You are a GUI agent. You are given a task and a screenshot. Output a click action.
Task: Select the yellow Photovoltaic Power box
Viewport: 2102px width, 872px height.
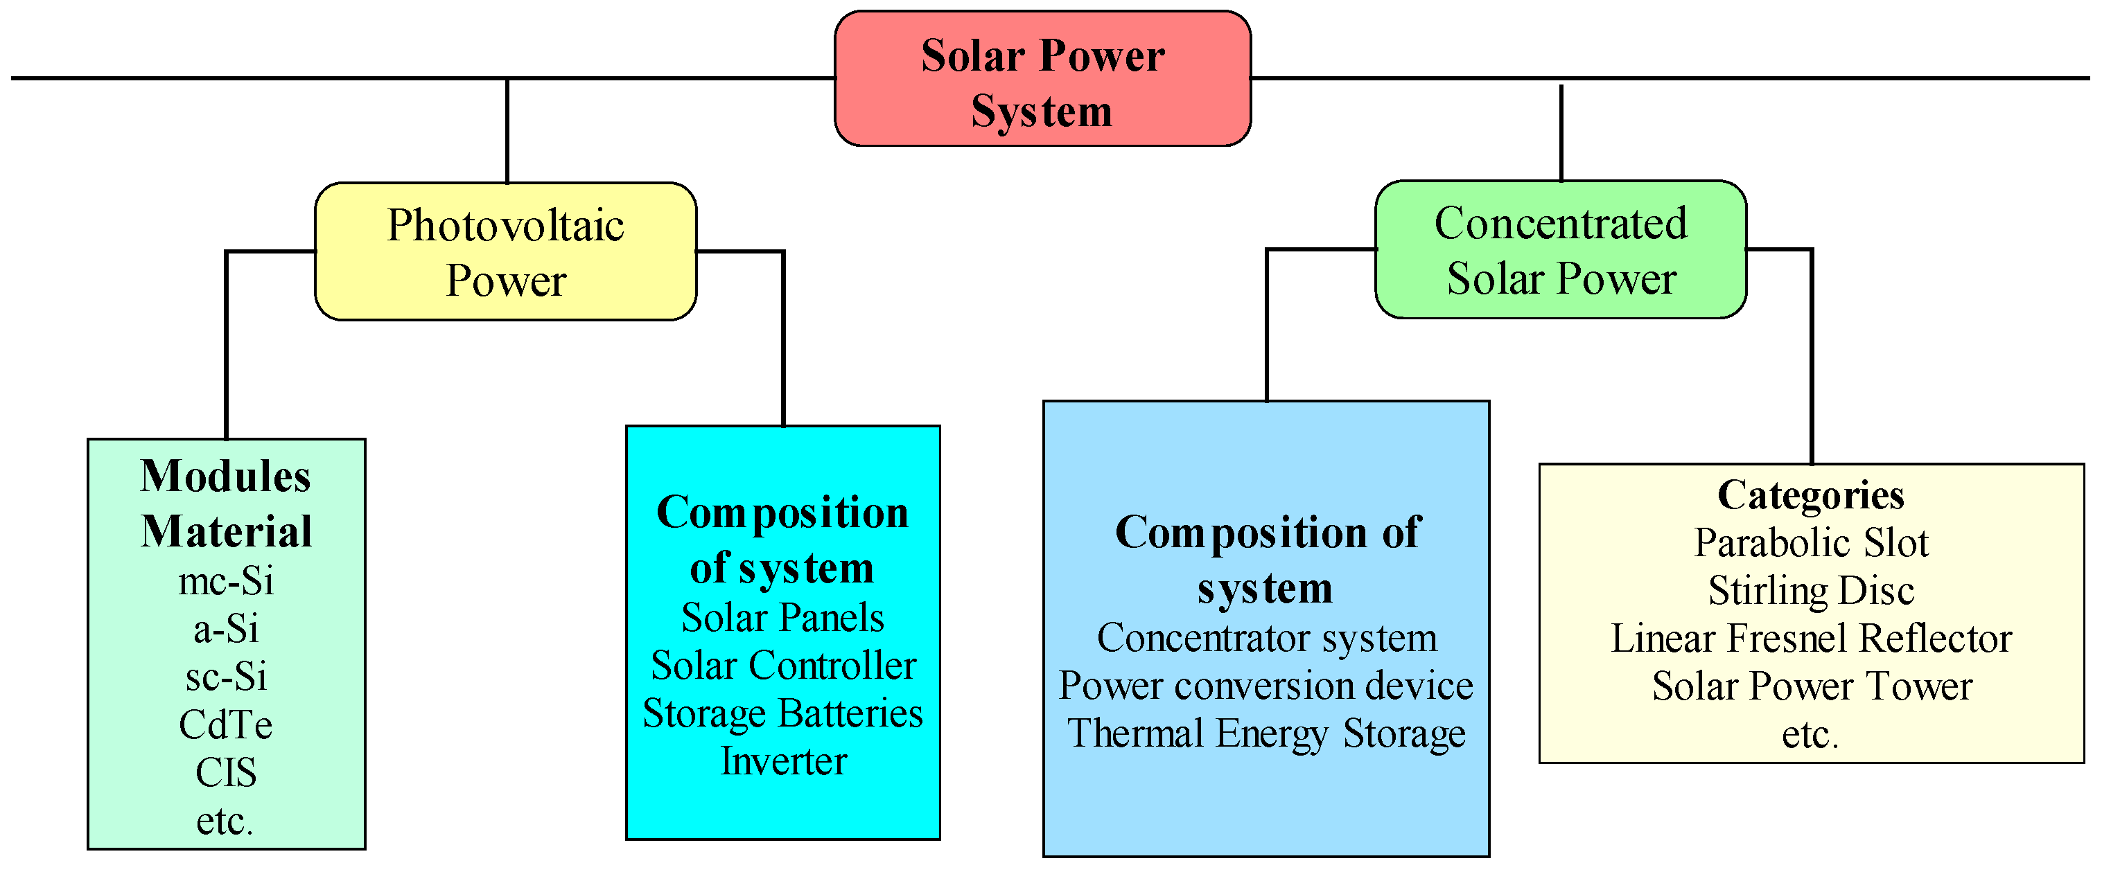point(505,251)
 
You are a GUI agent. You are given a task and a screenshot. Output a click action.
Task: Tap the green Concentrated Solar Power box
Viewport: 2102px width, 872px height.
point(1560,249)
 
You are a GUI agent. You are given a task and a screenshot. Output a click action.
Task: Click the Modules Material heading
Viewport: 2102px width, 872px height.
point(226,504)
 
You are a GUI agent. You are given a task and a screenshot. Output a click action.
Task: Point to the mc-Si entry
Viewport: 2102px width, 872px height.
point(226,582)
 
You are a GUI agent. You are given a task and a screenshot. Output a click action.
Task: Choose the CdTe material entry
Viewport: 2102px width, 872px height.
point(226,724)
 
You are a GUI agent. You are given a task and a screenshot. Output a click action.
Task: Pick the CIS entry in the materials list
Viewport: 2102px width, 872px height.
point(226,772)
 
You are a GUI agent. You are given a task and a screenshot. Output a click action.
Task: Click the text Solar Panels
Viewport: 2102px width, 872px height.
point(782,618)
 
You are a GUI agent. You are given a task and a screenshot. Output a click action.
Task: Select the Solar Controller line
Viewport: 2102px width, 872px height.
point(782,666)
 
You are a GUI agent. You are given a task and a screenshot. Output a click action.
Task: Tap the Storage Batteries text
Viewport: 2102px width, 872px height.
point(782,714)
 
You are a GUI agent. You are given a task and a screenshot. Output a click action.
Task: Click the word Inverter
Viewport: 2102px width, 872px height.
point(782,761)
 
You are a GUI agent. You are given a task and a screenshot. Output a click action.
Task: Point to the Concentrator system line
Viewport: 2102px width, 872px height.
point(1265,638)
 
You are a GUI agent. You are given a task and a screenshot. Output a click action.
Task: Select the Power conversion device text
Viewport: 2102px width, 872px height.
point(1265,686)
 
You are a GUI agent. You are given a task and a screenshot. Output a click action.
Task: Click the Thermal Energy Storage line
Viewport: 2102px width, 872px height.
point(1265,733)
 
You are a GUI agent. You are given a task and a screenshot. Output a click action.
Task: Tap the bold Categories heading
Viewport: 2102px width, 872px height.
point(1811,495)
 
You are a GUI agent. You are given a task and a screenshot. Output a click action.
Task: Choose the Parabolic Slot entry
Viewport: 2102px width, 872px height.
point(1811,542)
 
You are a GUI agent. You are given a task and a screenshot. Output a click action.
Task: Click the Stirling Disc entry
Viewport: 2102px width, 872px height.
point(1811,591)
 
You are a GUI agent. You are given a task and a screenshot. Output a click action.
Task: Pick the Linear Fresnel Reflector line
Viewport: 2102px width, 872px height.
point(1811,639)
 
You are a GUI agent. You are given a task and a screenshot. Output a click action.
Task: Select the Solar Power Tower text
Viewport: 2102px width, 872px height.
point(1811,687)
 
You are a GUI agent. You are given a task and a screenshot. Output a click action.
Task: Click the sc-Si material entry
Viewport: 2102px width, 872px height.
point(226,676)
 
